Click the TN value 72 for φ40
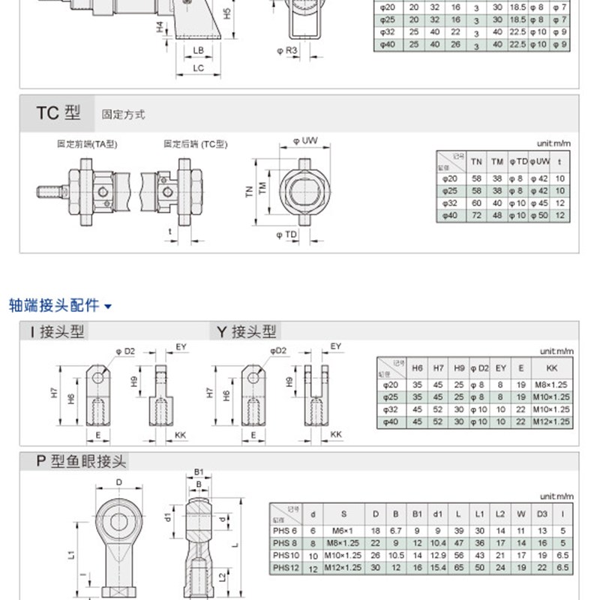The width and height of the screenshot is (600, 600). (x=476, y=215)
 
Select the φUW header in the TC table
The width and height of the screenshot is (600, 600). (x=539, y=161)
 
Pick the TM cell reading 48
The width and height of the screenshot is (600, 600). (x=496, y=215)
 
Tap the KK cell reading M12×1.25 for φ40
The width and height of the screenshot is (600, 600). (x=553, y=422)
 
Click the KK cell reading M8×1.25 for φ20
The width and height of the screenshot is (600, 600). (x=553, y=384)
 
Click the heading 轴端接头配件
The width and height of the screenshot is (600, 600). (x=54, y=305)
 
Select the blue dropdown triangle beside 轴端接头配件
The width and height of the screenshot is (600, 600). (x=108, y=306)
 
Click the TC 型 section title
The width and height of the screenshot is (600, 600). (x=58, y=113)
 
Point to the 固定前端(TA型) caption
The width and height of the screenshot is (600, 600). (x=88, y=143)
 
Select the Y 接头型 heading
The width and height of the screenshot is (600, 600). (x=247, y=331)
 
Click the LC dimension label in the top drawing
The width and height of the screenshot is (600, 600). (x=198, y=68)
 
